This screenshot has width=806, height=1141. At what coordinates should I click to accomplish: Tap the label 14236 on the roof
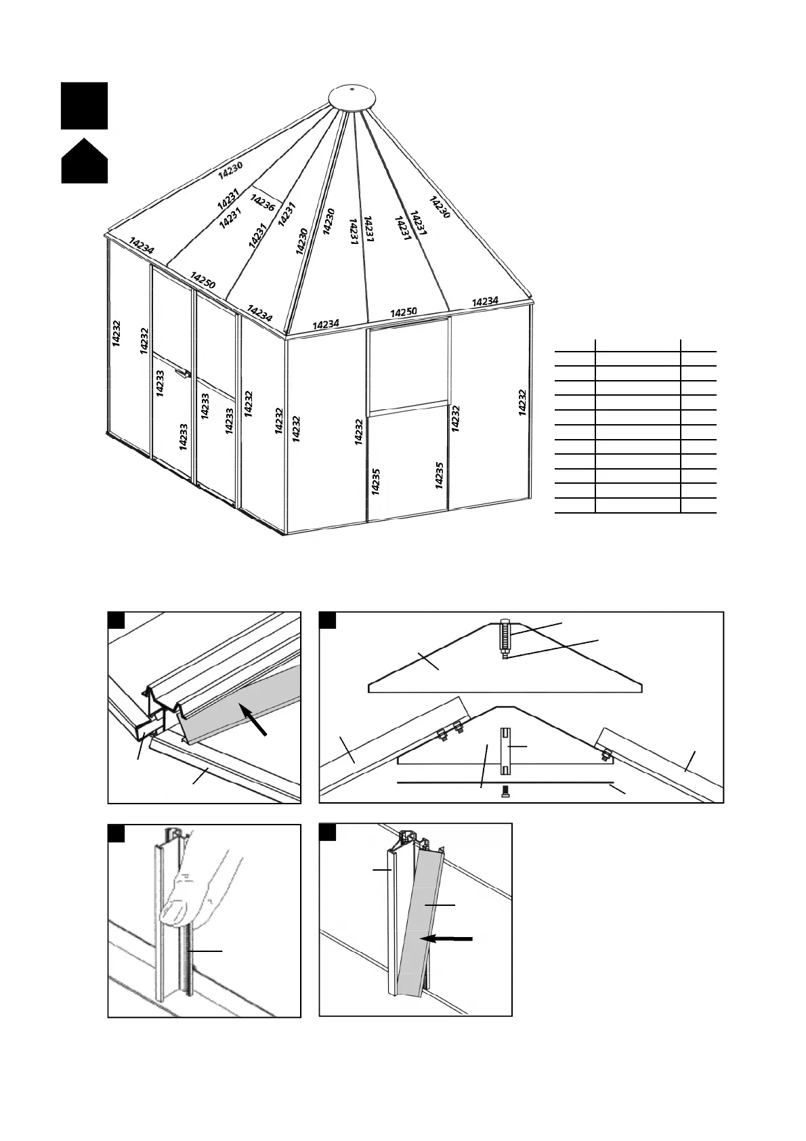(x=262, y=203)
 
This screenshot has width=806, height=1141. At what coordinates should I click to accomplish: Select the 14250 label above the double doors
(x=203, y=281)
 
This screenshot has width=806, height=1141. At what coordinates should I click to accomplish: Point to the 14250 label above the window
(x=404, y=312)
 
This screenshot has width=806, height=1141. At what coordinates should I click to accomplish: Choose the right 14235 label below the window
(x=439, y=475)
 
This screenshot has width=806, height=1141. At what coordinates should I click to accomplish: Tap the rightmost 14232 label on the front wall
(x=522, y=402)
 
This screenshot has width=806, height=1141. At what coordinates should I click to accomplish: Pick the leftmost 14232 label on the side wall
(x=116, y=333)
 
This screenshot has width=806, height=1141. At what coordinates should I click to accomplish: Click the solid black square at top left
(x=84, y=106)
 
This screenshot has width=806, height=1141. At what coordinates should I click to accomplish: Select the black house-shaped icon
(x=84, y=162)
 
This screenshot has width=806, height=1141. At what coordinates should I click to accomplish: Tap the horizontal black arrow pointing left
(x=446, y=938)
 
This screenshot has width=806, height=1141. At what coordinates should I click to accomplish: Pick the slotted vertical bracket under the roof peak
(x=505, y=751)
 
